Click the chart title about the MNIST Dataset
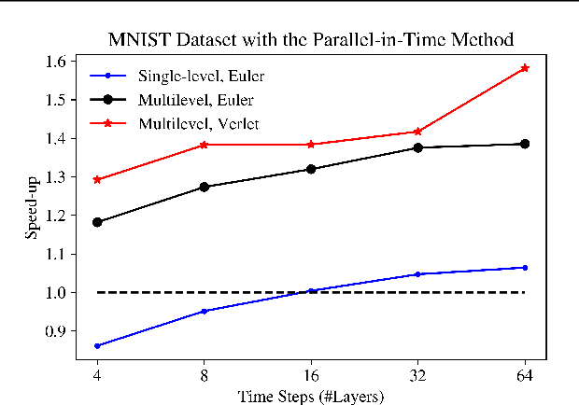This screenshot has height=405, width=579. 311,39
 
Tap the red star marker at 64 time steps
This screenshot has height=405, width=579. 525,68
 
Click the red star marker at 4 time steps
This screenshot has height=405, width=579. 97,179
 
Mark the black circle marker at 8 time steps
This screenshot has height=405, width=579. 204,187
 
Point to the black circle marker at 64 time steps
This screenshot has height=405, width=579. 525,144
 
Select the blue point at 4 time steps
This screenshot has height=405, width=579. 97,345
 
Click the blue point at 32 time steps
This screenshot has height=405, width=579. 417,274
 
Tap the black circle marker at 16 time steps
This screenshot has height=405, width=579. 311,169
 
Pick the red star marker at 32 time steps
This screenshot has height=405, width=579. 417,132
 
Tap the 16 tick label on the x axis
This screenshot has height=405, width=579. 311,373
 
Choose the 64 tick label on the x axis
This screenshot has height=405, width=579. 525,373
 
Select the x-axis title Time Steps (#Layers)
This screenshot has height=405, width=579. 311,394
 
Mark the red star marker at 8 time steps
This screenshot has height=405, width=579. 204,145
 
